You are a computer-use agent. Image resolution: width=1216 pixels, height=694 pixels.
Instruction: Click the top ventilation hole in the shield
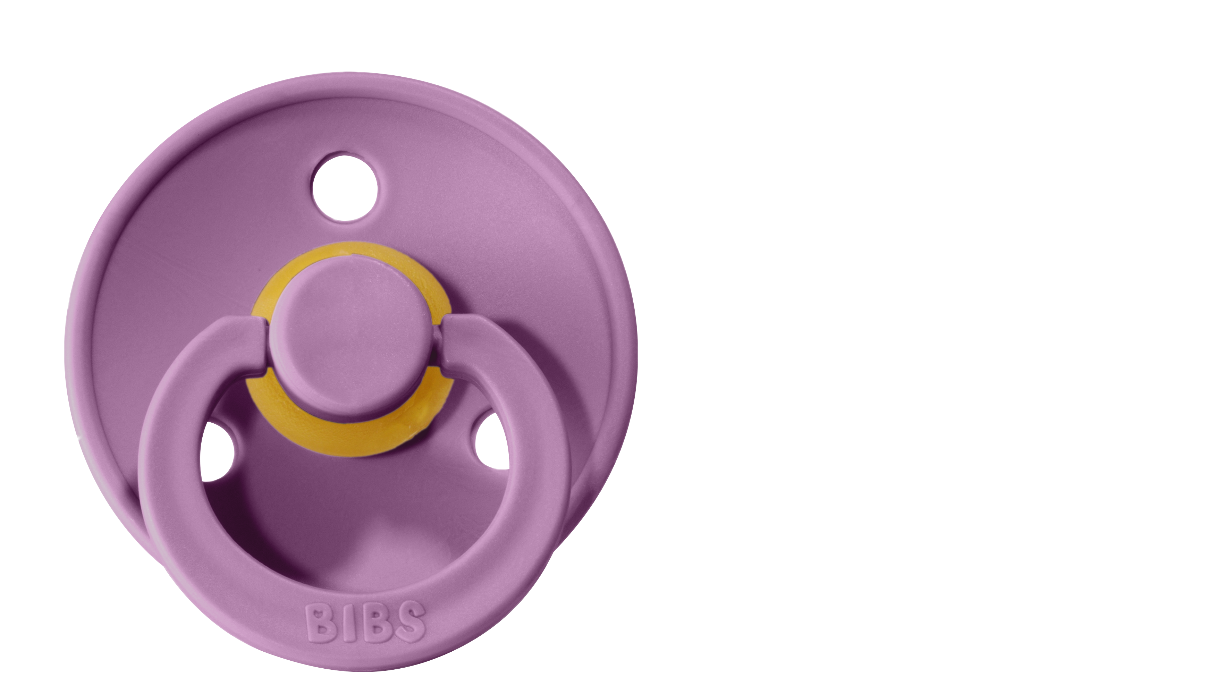coord(345,187)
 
